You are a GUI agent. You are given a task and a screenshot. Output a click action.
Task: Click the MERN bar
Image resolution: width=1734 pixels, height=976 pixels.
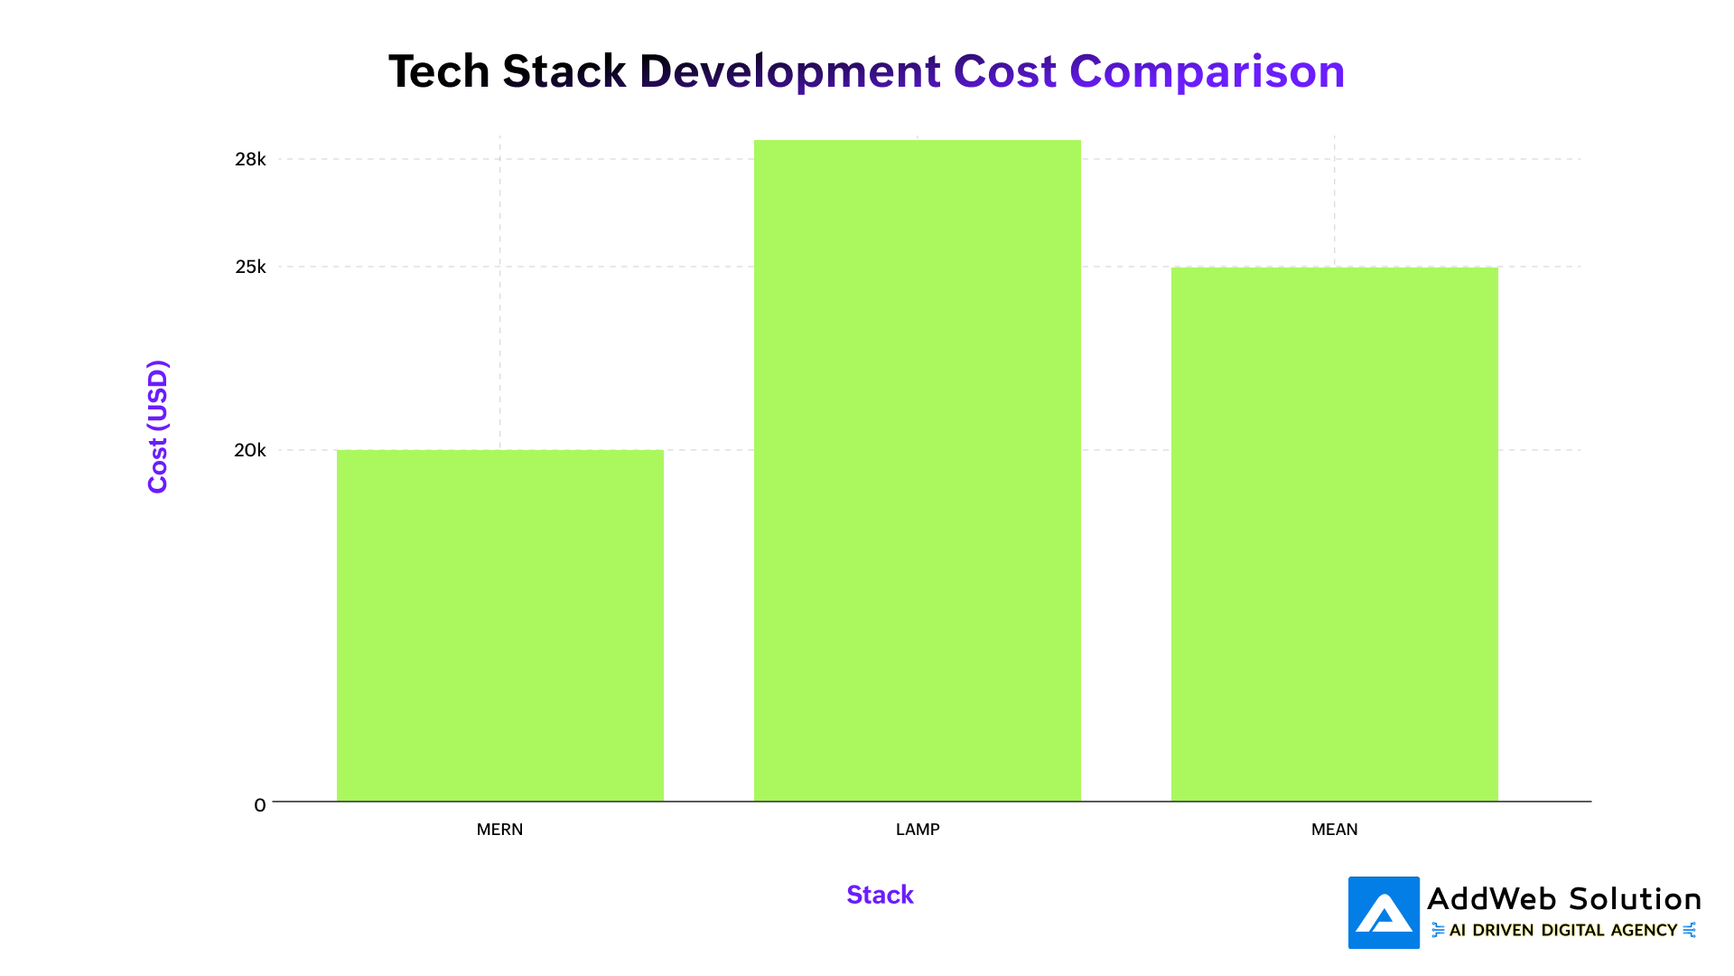click(499, 625)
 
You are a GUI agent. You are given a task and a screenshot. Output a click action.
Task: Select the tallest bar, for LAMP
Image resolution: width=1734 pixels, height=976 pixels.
click(917, 470)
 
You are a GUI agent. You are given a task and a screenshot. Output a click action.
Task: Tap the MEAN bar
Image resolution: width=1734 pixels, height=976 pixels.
click(1334, 534)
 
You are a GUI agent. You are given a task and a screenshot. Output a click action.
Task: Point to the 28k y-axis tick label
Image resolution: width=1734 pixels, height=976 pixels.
click(250, 160)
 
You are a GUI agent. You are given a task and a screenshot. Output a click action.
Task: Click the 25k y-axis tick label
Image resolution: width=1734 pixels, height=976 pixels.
click(250, 267)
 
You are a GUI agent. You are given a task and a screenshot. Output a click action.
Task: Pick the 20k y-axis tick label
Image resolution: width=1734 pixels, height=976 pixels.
click(250, 450)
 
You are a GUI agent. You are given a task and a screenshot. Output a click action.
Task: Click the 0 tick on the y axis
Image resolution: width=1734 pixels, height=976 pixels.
click(260, 805)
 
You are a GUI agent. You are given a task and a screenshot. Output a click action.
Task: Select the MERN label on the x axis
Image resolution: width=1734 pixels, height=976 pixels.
click(499, 830)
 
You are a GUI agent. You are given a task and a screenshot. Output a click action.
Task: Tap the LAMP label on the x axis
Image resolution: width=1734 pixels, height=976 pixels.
click(918, 830)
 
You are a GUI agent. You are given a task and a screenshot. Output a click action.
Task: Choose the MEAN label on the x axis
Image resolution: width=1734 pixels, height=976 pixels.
click(1334, 830)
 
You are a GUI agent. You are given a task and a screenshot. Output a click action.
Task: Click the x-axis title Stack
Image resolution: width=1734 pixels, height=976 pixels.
click(880, 895)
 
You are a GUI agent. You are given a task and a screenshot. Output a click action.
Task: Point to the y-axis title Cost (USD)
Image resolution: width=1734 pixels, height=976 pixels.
click(158, 427)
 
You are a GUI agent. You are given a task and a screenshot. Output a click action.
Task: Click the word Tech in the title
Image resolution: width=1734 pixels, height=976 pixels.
click(439, 71)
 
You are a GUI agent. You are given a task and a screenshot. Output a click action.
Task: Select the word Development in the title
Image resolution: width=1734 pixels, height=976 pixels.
click(790, 71)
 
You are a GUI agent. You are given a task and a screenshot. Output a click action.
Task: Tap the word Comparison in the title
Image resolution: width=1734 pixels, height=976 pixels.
click(1207, 71)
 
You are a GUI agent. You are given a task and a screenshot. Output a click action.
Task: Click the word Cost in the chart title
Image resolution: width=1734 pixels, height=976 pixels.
click(1004, 71)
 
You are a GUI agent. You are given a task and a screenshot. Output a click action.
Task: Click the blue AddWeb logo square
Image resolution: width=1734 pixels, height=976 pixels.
click(1384, 913)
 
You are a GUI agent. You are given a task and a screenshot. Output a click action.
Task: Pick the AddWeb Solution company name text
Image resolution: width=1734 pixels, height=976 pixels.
click(1563, 899)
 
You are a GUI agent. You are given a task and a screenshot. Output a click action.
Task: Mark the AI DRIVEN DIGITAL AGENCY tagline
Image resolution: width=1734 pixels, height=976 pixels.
click(1562, 931)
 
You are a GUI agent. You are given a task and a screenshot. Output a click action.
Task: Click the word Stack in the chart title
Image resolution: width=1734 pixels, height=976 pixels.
click(564, 71)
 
